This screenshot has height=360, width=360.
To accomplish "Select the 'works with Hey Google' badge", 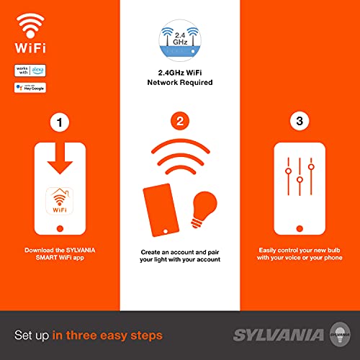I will (x=29, y=88).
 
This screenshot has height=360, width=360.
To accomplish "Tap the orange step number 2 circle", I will (x=179, y=121).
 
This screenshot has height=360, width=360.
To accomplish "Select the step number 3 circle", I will (x=300, y=121).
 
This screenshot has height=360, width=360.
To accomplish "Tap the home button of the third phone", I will (x=300, y=229).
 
